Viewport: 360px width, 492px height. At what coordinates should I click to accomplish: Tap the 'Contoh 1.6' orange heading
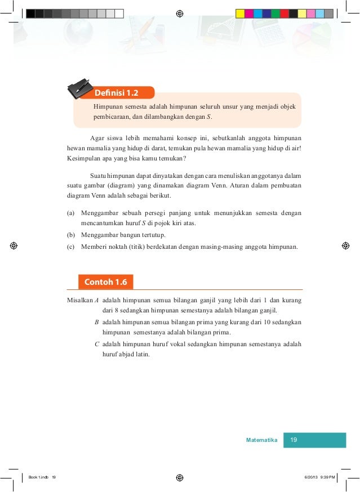[106, 281]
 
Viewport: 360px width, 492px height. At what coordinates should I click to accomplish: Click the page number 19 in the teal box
[292, 440]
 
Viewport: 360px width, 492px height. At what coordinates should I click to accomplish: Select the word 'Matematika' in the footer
[262, 440]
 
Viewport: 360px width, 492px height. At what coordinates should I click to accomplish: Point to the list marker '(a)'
[70, 213]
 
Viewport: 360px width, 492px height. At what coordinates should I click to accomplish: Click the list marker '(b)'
[70, 235]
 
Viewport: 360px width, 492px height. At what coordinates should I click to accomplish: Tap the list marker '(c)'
[70, 247]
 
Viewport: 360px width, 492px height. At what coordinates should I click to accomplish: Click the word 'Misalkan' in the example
[79, 300]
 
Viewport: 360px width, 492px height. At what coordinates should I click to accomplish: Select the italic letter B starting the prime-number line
[97, 322]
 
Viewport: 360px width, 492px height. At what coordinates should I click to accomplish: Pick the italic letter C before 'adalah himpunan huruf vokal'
[97, 344]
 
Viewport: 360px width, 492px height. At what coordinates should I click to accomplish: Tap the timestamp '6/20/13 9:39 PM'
[319, 477]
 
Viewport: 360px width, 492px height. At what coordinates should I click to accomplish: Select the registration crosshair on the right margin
[346, 246]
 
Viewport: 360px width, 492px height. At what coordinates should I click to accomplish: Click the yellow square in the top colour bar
[240, 13]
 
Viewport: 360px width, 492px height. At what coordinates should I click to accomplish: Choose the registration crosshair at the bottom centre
[179, 477]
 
